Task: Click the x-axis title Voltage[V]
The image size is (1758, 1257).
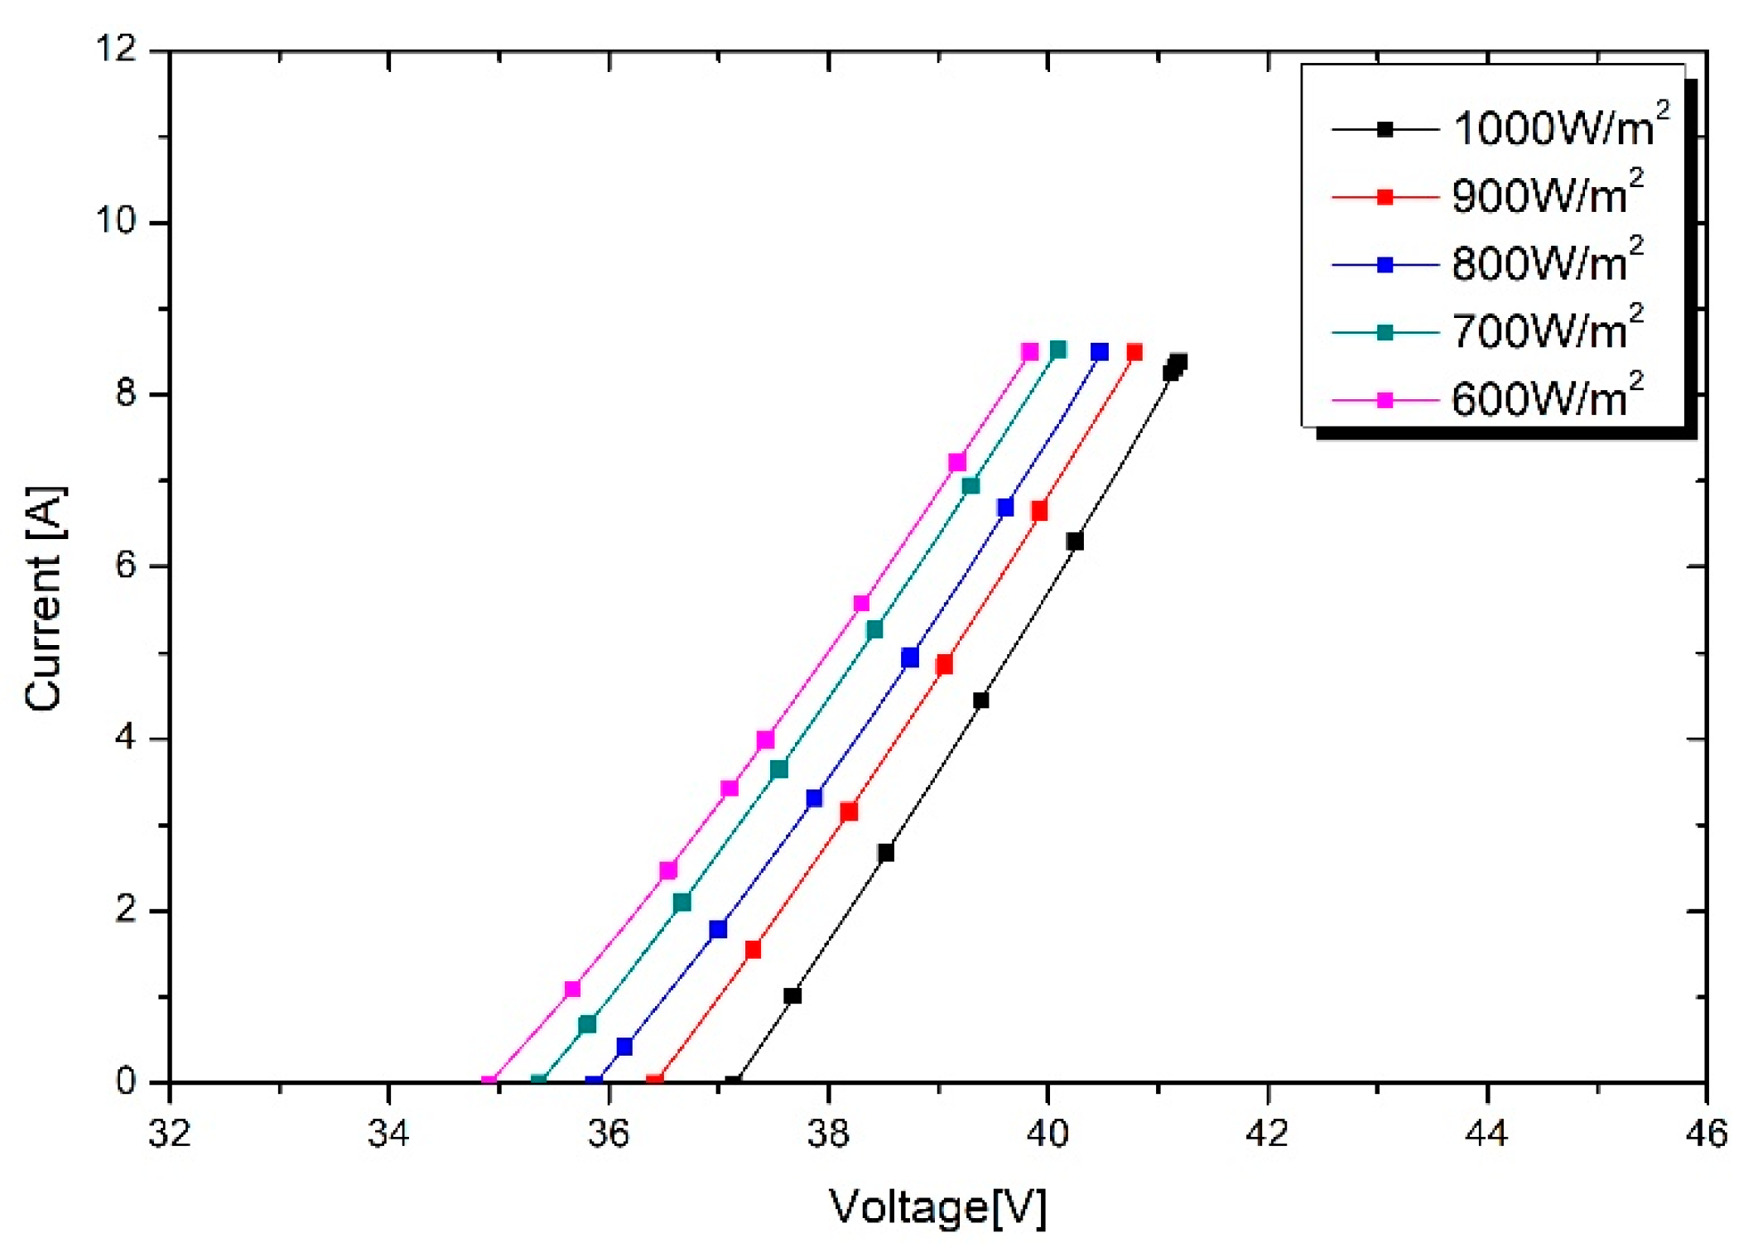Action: coord(937,1206)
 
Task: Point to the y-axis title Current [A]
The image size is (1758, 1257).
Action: coord(43,598)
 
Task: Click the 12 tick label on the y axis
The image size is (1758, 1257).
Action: coord(116,50)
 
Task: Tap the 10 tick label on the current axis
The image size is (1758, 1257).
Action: coord(116,222)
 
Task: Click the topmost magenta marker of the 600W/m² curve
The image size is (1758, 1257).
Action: coord(1029,352)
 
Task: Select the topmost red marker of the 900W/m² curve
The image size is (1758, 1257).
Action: coord(1134,352)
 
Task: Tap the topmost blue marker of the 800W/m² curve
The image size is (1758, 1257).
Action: coord(1099,352)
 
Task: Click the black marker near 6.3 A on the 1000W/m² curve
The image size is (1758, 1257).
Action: coord(1075,542)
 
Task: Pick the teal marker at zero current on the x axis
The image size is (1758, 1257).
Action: coord(538,1081)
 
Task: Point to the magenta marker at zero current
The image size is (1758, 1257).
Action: coord(489,1081)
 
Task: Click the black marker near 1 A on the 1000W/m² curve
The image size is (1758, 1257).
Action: coord(792,995)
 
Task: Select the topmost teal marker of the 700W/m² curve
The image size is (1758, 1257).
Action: coord(1058,350)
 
